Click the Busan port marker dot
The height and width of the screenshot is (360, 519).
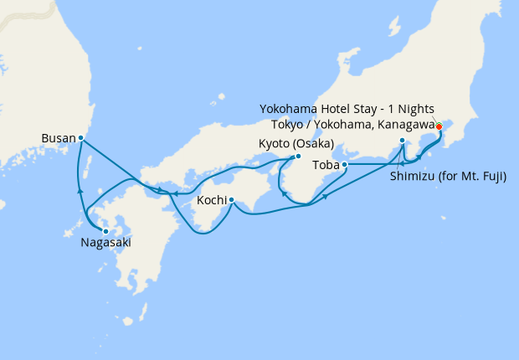[80, 137]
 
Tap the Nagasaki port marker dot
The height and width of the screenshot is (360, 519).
[105, 231]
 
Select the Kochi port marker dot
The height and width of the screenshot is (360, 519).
[230, 199]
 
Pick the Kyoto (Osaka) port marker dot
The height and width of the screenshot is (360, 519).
[298, 156]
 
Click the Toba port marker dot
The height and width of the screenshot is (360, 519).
[345, 164]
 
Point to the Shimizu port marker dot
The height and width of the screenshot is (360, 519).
[403, 140]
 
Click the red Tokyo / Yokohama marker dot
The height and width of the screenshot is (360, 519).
[439, 126]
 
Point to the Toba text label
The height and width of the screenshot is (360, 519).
[325, 164]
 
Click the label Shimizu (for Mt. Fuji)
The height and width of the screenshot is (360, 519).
[449, 177]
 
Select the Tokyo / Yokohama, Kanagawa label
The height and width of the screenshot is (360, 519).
[347, 124]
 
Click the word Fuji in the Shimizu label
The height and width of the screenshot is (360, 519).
[493, 177]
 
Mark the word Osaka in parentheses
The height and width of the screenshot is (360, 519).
[313, 144]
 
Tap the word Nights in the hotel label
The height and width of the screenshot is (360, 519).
[418, 110]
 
